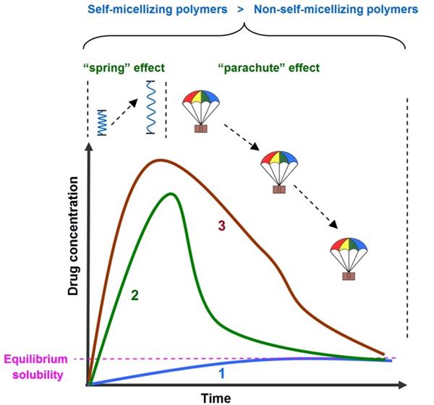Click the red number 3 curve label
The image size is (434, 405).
coord(222,226)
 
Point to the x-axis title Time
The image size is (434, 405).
coord(216,397)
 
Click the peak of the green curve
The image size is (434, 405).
coord(171,193)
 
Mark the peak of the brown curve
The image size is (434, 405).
coord(160,160)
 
